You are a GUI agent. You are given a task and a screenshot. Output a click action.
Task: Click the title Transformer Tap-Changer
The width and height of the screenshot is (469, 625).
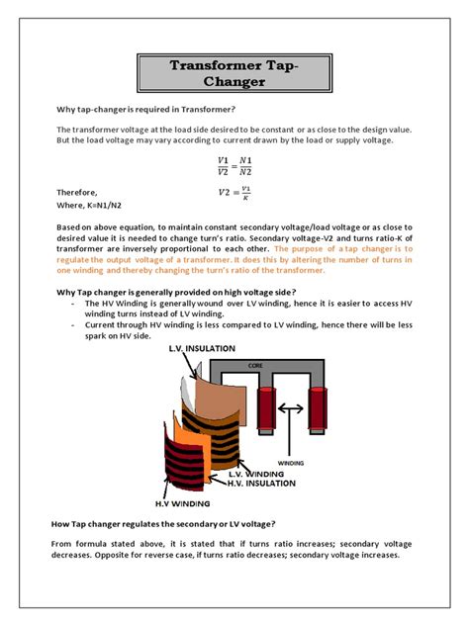[234, 73]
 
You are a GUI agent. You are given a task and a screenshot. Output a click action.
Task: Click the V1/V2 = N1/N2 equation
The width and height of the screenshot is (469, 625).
[234, 166]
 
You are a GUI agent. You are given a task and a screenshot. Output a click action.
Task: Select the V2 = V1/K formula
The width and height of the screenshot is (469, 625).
[234, 193]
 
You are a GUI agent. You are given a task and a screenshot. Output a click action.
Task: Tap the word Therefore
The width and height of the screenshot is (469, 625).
[76, 193]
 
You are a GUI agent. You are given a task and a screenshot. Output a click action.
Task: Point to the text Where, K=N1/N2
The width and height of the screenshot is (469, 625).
[88, 206]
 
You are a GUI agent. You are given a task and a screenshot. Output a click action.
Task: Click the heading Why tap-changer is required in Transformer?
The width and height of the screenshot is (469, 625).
[145, 109]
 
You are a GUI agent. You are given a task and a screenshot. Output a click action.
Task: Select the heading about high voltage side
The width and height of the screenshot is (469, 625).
[176, 292]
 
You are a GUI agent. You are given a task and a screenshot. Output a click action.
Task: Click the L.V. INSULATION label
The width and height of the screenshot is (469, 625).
[202, 348]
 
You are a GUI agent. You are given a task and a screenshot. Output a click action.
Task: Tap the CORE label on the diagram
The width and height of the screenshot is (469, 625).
[255, 366]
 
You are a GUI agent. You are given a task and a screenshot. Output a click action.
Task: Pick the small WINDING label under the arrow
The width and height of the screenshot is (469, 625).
[291, 463]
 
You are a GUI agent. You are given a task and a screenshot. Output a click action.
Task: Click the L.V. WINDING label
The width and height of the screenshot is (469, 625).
[256, 474]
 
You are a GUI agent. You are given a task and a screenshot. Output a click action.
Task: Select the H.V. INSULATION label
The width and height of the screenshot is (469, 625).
[261, 484]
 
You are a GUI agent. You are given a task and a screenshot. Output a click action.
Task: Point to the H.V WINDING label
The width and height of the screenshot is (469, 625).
[182, 503]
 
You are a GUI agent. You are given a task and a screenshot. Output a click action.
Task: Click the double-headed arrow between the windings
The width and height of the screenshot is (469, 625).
[291, 408]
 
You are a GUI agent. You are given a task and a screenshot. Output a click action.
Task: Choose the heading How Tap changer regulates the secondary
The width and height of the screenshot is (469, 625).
[163, 524]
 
